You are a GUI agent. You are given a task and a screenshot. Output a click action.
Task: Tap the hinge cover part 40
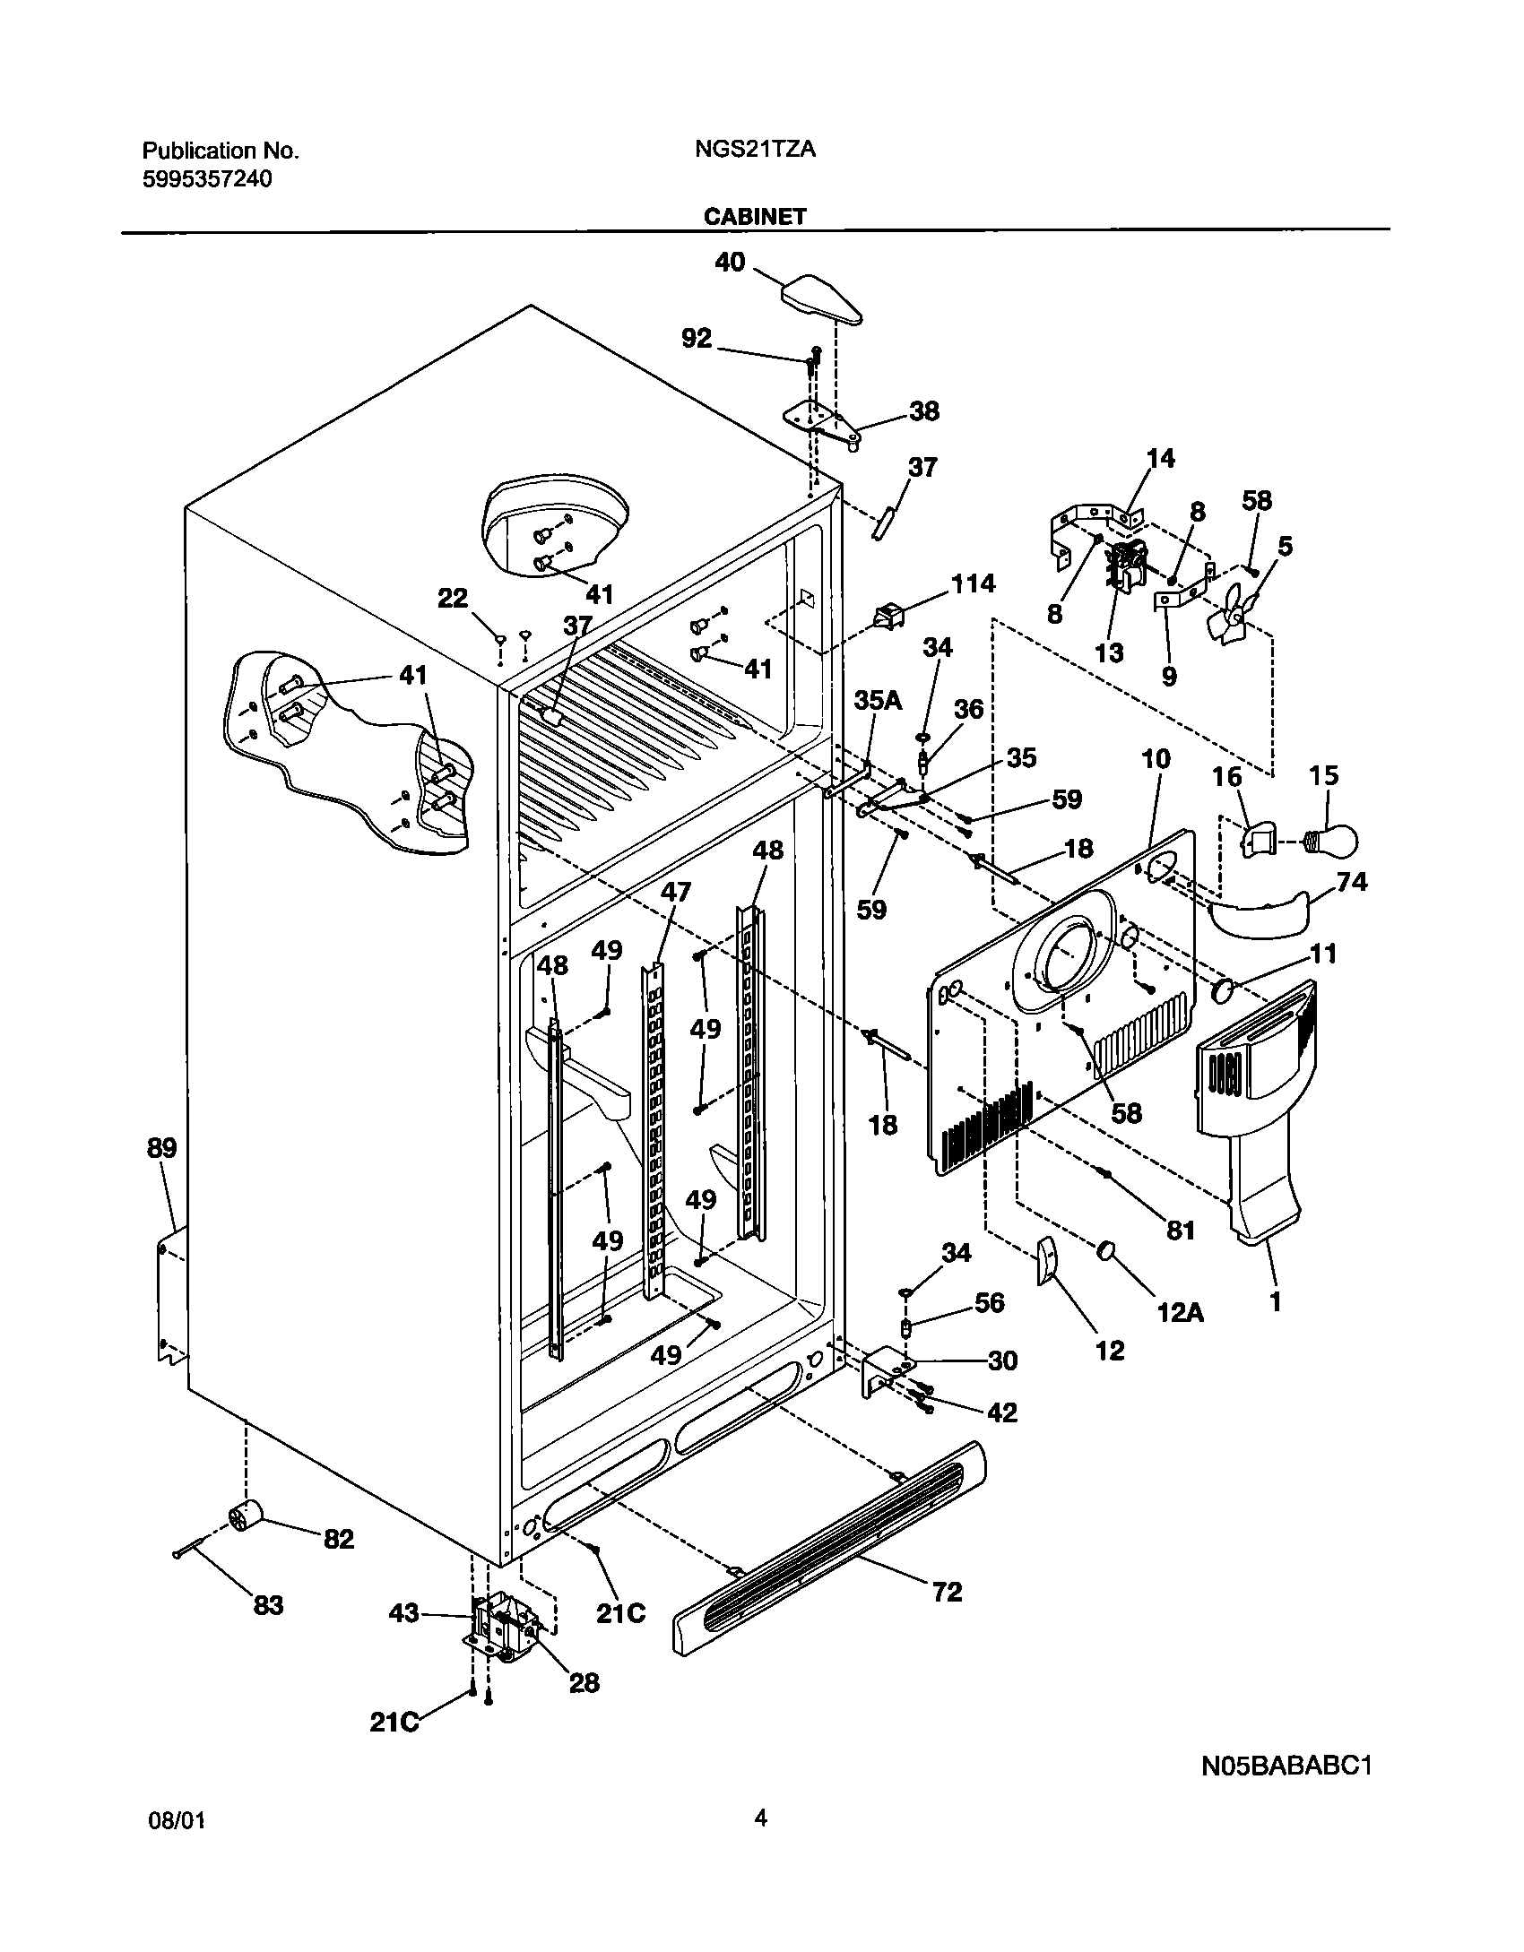coord(823,300)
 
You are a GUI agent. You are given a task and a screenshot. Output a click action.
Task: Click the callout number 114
coord(973,583)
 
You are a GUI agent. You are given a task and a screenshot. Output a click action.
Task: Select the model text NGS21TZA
coord(755,150)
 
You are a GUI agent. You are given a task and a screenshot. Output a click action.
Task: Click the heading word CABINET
coord(755,216)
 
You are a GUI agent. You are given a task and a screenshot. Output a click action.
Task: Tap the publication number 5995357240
coord(207,179)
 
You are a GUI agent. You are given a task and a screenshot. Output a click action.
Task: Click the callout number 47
coord(677,892)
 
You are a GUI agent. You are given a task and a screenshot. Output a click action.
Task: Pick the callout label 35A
coord(877,700)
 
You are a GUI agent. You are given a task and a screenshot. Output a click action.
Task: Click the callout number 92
coord(697,338)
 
